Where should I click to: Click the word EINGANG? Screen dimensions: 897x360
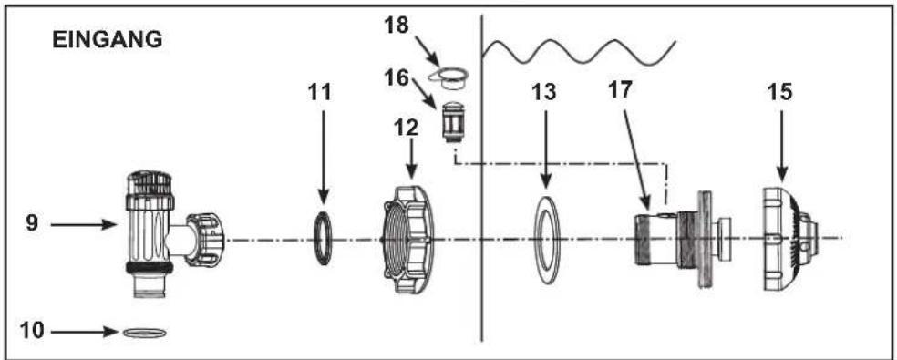pyautogui.click(x=108, y=41)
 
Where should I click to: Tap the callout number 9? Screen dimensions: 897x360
pyautogui.click(x=32, y=224)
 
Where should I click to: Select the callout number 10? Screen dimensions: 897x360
pyautogui.click(x=32, y=330)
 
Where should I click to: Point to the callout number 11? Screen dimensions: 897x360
pyautogui.click(x=319, y=92)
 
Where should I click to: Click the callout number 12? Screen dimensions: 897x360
pyautogui.click(x=407, y=127)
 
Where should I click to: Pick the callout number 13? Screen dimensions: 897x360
pyautogui.click(x=543, y=92)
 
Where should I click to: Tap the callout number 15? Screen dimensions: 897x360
pyautogui.click(x=780, y=92)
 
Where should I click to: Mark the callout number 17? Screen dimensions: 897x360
pyautogui.click(x=623, y=91)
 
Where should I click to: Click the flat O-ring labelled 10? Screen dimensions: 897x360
pyautogui.click(x=145, y=333)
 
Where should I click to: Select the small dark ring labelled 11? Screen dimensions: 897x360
pyautogui.click(x=324, y=238)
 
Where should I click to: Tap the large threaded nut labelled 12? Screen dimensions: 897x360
pyautogui.click(x=407, y=239)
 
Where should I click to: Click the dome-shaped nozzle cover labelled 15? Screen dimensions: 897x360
pyautogui.click(x=792, y=238)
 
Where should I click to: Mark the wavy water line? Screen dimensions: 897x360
pyautogui.click(x=578, y=52)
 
